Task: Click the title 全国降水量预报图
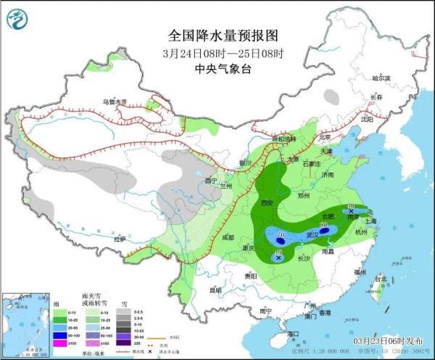pyautogui.click(x=217, y=35)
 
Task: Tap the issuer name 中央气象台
pyautogui.click(x=217, y=69)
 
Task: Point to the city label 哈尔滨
pyautogui.click(x=381, y=77)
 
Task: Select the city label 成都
pyautogui.click(x=228, y=237)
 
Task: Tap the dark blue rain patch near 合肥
pyautogui.click(x=324, y=230)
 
